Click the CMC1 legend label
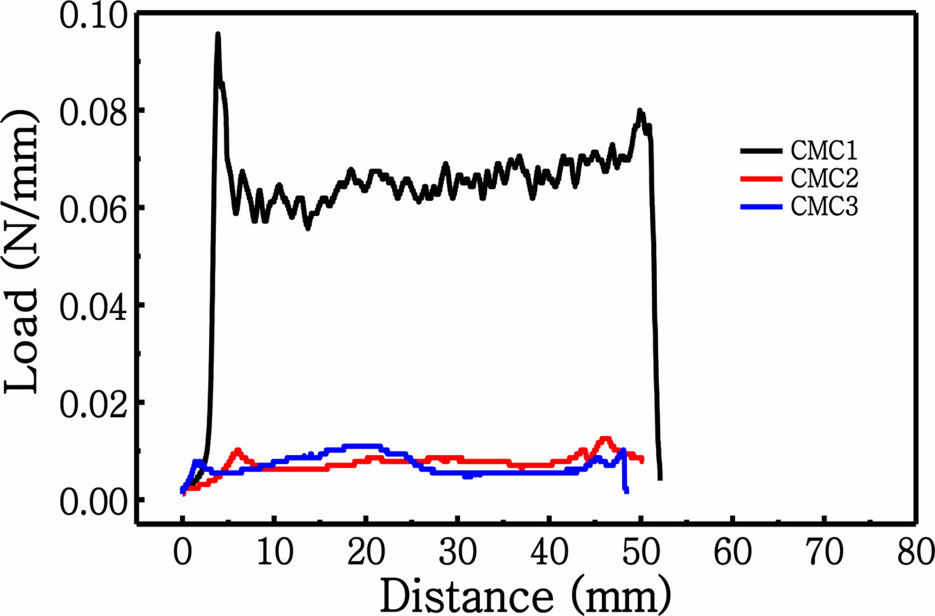coord(824,150)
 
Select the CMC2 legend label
coord(824,179)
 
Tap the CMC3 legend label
coord(824,207)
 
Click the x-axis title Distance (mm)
coord(525,595)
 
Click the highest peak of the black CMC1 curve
coord(218,35)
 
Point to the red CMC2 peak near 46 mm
coord(605,439)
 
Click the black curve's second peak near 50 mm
coord(640,112)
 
